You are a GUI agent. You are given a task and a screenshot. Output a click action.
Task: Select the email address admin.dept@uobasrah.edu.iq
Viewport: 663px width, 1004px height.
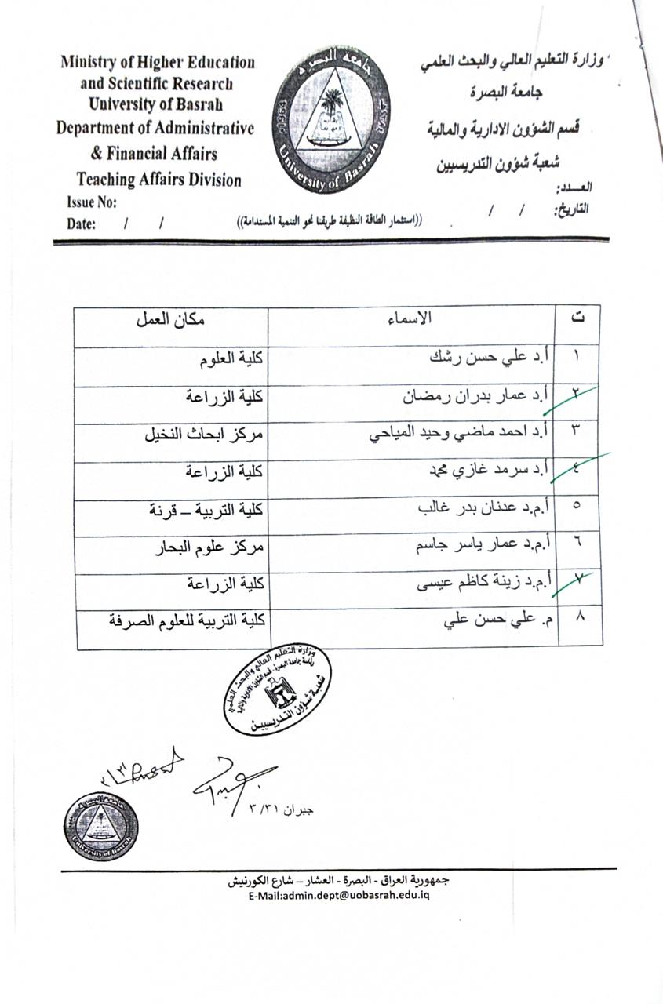[338, 896]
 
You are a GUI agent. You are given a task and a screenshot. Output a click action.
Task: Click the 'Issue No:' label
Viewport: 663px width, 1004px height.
[92, 203]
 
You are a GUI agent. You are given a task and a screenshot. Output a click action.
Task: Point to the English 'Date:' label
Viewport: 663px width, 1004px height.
[82, 224]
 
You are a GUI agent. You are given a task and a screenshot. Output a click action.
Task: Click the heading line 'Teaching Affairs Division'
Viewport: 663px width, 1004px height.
[159, 180]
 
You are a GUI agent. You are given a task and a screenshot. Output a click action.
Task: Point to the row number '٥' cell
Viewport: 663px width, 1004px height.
[578, 510]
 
